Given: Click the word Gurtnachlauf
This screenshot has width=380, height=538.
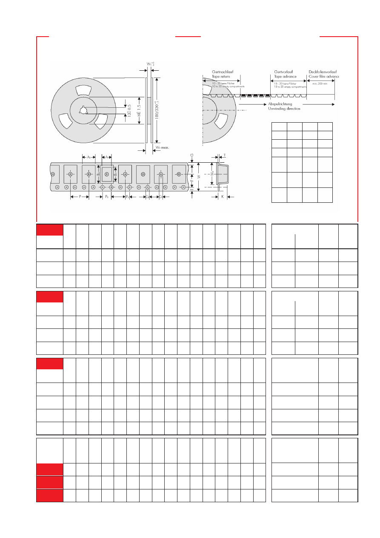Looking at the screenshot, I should coord(222,72).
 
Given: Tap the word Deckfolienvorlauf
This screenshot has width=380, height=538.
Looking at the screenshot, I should coord(322,72).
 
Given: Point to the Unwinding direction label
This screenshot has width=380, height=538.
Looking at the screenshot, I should coord(284,109).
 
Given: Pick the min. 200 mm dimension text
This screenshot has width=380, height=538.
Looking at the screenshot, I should coord(320,83).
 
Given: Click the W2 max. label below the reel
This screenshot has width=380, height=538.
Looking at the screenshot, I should coord(162,147).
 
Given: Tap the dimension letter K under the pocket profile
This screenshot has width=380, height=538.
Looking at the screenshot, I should coord(222,197).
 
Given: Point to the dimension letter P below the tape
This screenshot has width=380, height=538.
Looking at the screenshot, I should coord(80,197).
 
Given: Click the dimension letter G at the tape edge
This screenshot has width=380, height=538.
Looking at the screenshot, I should coord(192,155).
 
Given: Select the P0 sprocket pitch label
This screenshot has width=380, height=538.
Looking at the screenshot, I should coord(107,197).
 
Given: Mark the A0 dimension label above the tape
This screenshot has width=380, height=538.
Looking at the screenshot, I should coord(89,157).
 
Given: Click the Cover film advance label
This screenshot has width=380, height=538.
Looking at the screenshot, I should coord(322,77).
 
